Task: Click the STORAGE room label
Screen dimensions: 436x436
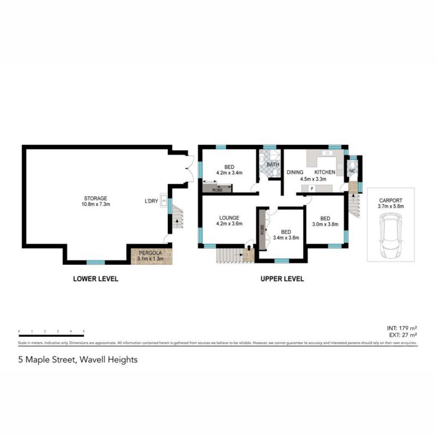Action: (x=95, y=198)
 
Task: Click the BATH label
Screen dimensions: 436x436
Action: (x=272, y=164)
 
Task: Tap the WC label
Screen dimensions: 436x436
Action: (x=352, y=171)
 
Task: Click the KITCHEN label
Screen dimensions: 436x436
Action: (x=324, y=172)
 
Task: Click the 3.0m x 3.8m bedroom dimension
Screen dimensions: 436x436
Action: (x=325, y=224)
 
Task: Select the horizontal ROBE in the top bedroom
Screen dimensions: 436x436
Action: (x=217, y=189)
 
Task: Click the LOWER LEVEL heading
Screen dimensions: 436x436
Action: (x=95, y=279)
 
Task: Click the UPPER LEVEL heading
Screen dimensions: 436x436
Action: (x=282, y=279)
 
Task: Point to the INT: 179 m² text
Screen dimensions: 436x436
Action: (x=402, y=328)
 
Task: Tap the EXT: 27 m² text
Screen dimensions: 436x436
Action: (x=402, y=335)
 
